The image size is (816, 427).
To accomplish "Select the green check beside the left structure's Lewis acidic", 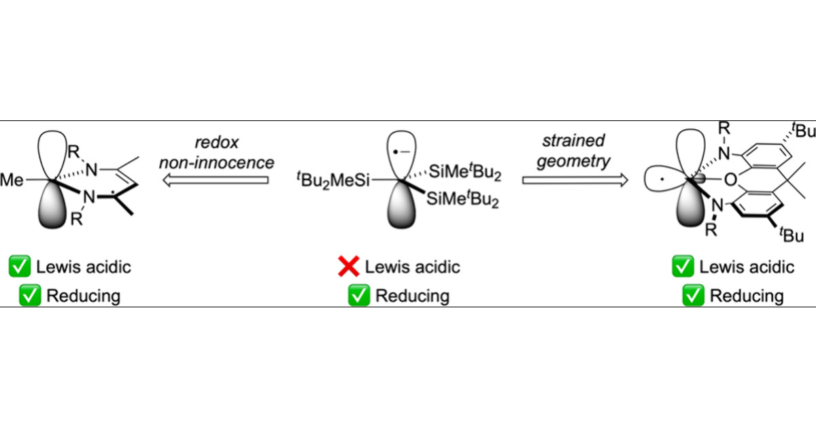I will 20,267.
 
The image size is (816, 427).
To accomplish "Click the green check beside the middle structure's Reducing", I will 358,296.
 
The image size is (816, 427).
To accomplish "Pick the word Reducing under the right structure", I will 747,296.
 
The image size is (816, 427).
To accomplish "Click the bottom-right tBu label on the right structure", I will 791,235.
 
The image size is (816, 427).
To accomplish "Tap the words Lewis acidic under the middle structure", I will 412,267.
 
